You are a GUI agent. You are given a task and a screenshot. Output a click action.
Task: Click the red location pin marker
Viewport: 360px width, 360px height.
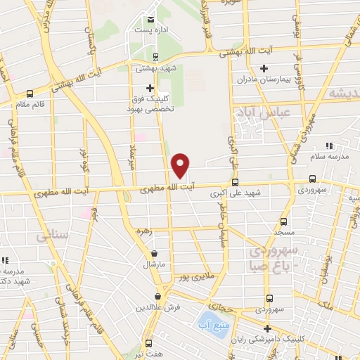tap(181, 165)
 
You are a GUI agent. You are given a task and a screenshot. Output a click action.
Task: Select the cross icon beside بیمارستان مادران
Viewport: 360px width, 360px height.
tap(264, 68)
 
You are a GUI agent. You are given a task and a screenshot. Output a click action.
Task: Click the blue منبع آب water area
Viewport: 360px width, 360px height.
tap(217, 326)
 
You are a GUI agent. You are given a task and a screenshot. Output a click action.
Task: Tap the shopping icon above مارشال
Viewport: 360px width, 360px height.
tap(154, 253)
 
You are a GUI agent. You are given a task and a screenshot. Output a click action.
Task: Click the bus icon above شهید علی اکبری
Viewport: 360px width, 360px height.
tap(234, 181)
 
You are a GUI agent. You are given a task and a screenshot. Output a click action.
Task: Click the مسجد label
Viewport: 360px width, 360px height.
tap(282, 231)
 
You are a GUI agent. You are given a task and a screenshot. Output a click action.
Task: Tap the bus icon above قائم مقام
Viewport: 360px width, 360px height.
tap(30, 94)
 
